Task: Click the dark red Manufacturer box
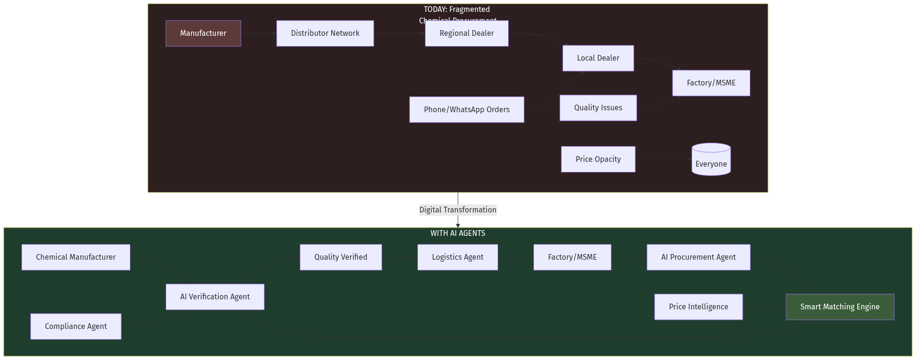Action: tap(203, 33)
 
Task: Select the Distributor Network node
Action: tap(325, 33)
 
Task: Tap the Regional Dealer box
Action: tap(467, 33)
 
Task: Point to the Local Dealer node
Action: tap(598, 58)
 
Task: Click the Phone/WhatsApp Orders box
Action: tap(467, 110)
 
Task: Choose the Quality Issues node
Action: tap(598, 108)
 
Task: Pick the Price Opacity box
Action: tap(598, 159)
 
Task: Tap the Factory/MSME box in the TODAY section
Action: tap(711, 83)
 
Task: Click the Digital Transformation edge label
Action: tap(458, 210)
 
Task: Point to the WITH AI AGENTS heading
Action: tap(458, 233)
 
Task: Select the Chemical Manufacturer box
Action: tap(75, 257)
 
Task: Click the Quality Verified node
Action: tap(341, 257)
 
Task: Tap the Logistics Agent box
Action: tap(458, 257)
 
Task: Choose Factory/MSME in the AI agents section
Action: tap(572, 257)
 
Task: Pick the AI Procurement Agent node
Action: tap(698, 257)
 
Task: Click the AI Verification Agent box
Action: tap(215, 297)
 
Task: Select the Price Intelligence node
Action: tap(698, 307)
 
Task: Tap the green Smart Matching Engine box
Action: tap(840, 307)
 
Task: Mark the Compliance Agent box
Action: tap(75, 327)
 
